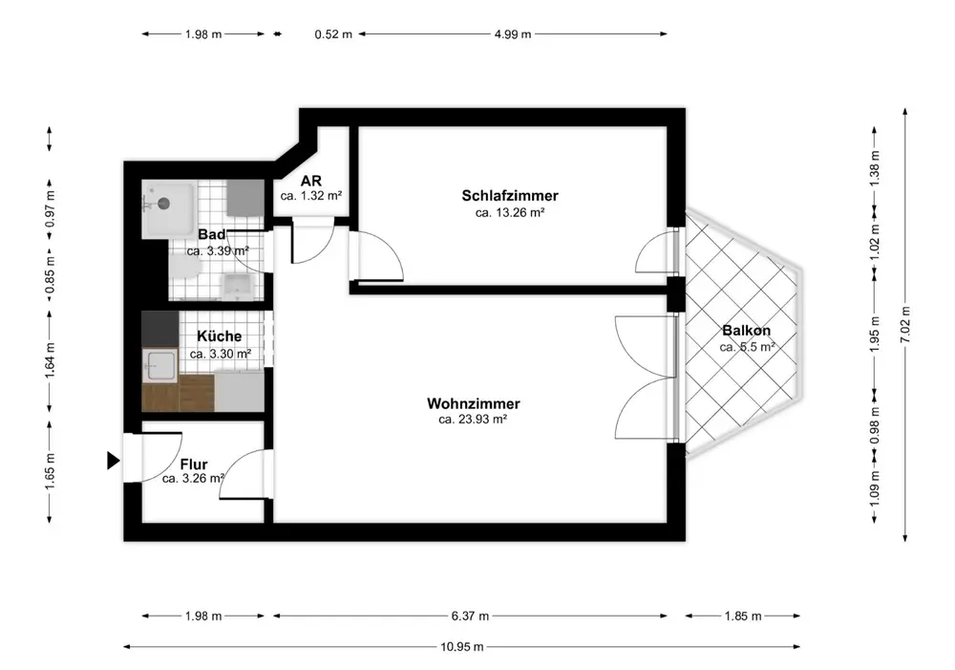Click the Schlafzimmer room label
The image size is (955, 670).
510,196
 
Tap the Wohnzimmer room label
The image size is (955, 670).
474,403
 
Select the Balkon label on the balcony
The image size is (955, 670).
746,331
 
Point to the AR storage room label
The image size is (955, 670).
310,181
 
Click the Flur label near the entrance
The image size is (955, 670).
194,465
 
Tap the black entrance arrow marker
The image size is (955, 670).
114,461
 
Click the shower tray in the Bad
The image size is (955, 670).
169,209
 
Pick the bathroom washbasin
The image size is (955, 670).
238,286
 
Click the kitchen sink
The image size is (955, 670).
160,366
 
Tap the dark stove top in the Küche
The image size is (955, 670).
160,329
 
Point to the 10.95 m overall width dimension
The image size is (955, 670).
461,647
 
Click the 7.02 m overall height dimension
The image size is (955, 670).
905,324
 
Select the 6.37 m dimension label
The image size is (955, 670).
470,616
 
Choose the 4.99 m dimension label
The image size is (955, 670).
512,34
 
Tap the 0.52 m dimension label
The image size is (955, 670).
333,34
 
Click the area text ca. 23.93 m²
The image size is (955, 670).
473,420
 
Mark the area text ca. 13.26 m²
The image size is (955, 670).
510,213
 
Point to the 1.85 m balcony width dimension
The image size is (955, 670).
742,616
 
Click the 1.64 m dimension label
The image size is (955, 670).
50,360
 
